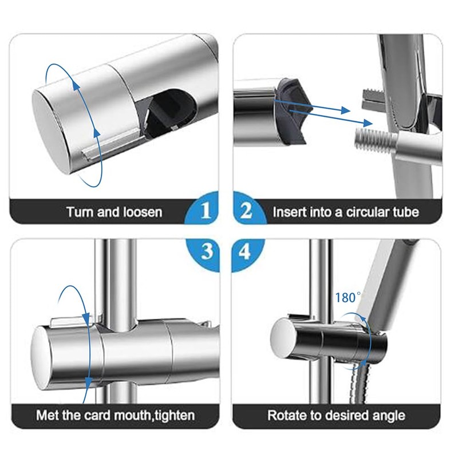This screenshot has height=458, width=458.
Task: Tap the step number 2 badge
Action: point(246,211)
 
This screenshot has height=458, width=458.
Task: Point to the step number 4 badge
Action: point(246,250)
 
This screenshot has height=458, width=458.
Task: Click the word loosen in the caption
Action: point(141,212)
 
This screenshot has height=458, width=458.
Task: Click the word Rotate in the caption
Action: point(285,415)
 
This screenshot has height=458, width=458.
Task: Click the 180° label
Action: point(348,298)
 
